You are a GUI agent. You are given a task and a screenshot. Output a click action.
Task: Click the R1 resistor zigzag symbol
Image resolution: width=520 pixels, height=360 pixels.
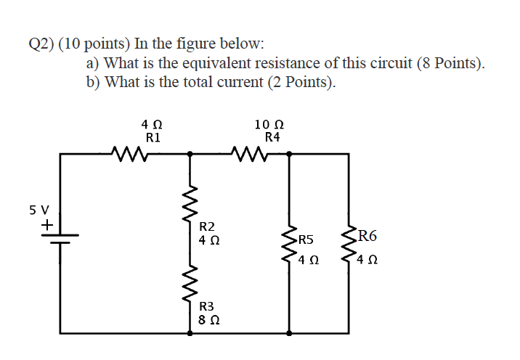click(131, 153)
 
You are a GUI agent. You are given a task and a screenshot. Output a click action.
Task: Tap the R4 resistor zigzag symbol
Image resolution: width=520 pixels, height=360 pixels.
click(250, 153)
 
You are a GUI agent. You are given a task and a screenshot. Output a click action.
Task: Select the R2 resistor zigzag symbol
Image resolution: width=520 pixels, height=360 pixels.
click(191, 206)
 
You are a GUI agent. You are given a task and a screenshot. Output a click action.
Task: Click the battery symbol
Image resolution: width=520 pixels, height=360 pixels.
click(60, 240)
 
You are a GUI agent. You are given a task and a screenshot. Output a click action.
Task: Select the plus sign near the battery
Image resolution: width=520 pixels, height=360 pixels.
click(45, 226)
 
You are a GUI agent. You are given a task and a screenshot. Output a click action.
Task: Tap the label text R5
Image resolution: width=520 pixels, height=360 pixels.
click(306, 240)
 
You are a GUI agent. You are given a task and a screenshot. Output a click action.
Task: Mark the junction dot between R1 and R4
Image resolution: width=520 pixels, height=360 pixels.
click(190, 153)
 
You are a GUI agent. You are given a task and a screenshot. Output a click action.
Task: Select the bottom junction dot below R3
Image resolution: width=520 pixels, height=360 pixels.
click(191, 333)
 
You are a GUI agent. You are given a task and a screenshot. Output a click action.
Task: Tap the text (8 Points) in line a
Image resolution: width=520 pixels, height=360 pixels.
click(451, 63)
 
